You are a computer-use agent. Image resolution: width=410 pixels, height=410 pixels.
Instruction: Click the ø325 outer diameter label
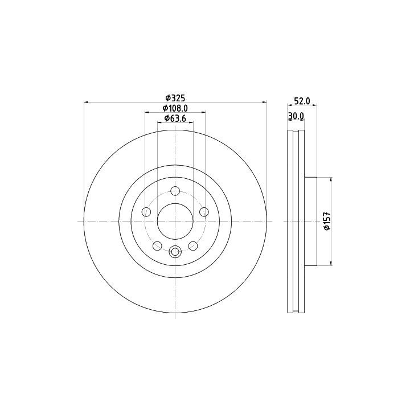[175, 98]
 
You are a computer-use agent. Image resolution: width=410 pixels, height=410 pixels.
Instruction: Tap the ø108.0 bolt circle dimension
[175, 108]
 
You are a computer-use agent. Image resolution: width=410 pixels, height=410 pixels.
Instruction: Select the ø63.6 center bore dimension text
[175, 118]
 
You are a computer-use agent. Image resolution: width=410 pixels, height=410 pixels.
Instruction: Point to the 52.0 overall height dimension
[302, 101]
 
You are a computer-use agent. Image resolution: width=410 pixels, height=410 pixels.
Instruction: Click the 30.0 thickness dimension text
[296, 116]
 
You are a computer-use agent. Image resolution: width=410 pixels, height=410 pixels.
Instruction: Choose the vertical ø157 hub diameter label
[327, 221]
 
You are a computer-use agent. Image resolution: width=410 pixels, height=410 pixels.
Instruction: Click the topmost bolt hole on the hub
[175, 191]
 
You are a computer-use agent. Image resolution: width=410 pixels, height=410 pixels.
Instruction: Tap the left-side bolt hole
[146, 212]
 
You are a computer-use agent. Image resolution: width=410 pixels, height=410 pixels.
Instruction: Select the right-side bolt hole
[204, 212]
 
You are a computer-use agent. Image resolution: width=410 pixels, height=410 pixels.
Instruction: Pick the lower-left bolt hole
[157, 245]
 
